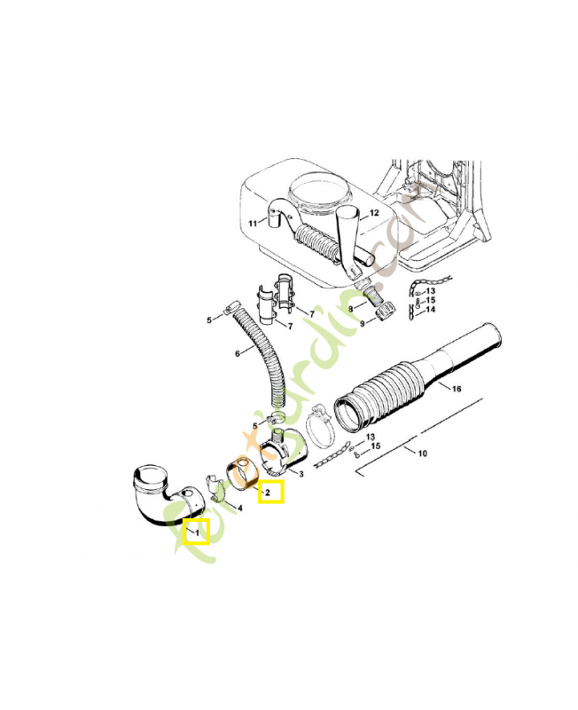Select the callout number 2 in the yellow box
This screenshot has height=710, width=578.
click(269, 492)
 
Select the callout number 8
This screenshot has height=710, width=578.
click(351, 309)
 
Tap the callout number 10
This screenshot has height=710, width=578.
click(422, 454)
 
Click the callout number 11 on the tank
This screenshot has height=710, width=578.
click(253, 223)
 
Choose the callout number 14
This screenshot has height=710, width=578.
click(431, 310)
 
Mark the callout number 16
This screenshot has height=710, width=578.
click(457, 389)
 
